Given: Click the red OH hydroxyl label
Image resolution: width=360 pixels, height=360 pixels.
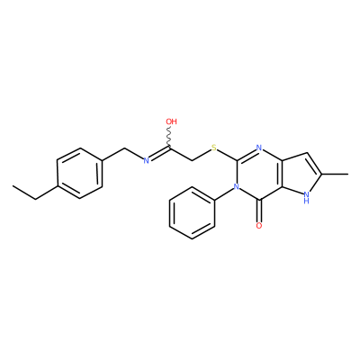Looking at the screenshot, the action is click(171, 121).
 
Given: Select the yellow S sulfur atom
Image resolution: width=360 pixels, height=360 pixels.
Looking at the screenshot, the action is click(214, 148).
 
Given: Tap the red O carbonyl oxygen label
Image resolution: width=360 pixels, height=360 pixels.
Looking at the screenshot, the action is click(259, 226).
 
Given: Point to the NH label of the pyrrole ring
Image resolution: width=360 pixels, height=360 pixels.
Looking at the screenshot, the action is click(306, 198).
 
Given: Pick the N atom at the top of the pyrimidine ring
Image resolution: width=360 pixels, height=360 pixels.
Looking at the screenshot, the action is click(259, 148).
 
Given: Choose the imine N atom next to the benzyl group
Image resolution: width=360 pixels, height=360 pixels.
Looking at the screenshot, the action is click(146, 160).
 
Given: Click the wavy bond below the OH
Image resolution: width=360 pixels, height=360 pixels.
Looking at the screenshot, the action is click(169, 137).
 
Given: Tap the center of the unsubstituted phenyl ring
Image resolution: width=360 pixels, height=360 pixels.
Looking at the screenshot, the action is click(192, 212).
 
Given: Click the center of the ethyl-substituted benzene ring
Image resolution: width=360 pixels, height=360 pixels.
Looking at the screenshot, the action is click(79, 173).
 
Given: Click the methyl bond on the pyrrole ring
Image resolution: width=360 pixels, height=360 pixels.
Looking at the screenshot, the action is click(335, 174).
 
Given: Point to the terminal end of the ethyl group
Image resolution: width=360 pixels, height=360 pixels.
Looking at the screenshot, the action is click(13, 186).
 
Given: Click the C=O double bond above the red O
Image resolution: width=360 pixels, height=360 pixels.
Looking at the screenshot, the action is click(259, 211).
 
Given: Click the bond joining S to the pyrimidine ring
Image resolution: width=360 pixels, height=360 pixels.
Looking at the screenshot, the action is click(227, 154).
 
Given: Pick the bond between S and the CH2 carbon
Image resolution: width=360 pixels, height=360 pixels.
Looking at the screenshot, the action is click(202, 154).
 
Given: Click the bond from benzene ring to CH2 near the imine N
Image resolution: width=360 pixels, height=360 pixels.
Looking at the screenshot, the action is click(113, 154).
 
